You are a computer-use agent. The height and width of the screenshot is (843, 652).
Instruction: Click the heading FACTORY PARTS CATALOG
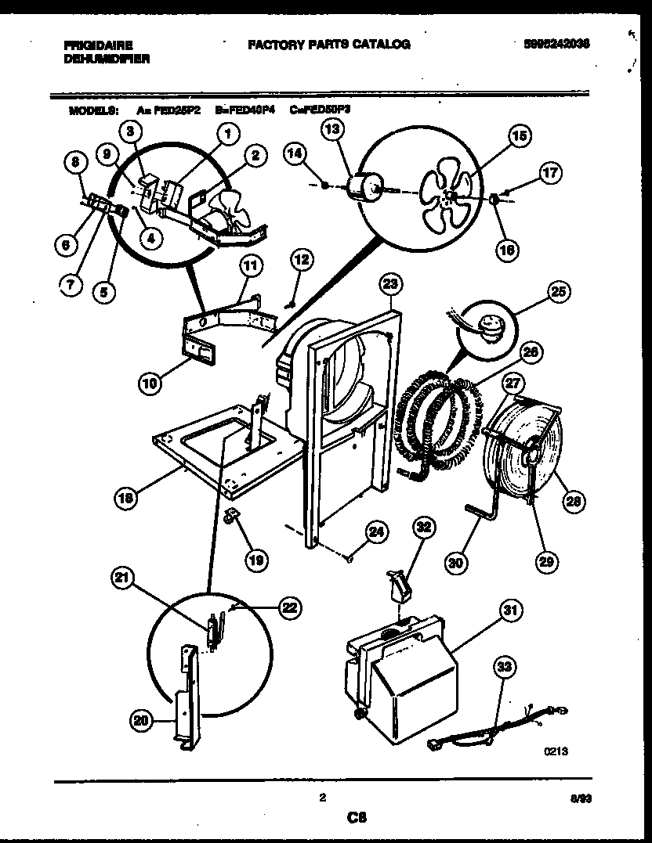click(x=329, y=45)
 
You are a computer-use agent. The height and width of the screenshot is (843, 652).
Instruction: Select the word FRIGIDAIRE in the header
click(x=98, y=45)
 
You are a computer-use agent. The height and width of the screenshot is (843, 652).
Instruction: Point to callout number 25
click(x=558, y=294)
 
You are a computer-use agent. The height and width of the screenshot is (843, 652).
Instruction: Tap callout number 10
click(x=152, y=383)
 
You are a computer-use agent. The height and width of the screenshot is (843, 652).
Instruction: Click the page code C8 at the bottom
click(x=357, y=818)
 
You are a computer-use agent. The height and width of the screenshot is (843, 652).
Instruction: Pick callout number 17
click(x=551, y=173)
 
